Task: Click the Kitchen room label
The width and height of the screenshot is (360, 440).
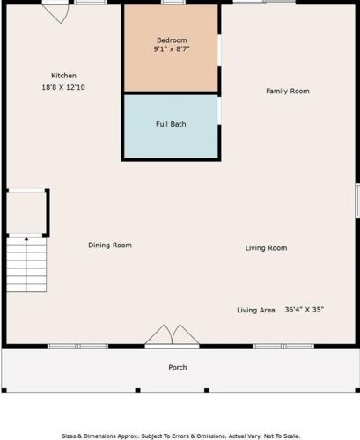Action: [x=63, y=76]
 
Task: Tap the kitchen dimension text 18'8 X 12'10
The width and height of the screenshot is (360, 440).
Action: [x=63, y=87]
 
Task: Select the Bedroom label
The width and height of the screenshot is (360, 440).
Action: [x=172, y=40]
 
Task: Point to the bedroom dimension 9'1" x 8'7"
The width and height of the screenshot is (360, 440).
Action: [x=172, y=48]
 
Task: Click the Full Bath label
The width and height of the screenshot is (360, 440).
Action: [x=171, y=124]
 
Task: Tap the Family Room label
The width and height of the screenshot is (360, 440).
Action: [x=288, y=91]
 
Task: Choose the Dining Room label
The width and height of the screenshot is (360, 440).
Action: [x=110, y=246]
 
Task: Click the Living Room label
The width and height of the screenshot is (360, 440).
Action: [x=266, y=248]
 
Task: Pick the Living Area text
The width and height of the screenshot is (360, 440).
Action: [x=256, y=310]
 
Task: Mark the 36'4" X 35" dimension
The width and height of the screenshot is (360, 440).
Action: [x=305, y=310]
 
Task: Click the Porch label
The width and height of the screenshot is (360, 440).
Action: [x=178, y=367]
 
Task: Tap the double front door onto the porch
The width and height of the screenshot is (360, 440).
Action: [x=173, y=336]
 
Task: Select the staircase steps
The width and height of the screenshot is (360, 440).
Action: [x=26, y=264]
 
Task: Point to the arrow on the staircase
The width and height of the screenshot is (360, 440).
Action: [x=26, y=265]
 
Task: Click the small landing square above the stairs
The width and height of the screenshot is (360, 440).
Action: [x=26, y=213]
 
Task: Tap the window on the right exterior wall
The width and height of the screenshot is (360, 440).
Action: [x=357, y=201]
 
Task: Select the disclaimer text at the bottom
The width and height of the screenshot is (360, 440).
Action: [x=180, y=436]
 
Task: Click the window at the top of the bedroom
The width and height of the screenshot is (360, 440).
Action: [x=173, y=2]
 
